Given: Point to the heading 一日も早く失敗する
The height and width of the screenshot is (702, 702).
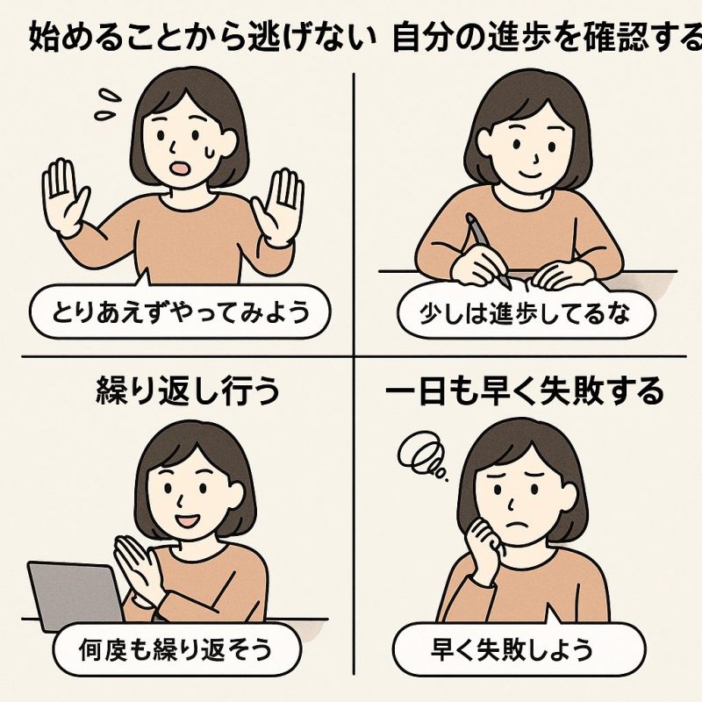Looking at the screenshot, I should click(x=525, y=391).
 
